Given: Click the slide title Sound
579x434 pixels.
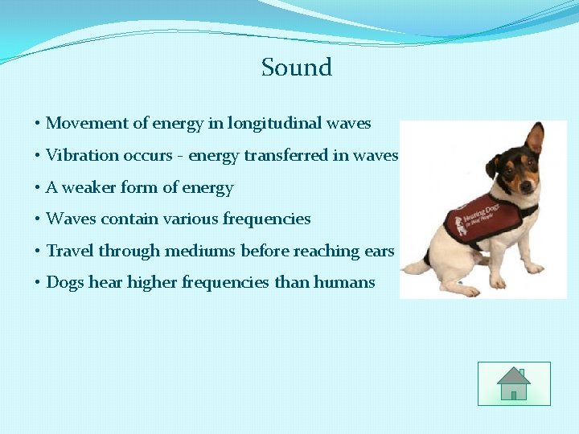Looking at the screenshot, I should (x=296, y=68).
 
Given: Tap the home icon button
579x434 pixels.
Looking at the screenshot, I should (x=513, y=384).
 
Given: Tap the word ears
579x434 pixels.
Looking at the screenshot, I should (x=379, y=251).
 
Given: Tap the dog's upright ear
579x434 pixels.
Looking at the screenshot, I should (x=534, y=138).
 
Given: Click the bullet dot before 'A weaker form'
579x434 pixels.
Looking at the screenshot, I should (x=38, y=188).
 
